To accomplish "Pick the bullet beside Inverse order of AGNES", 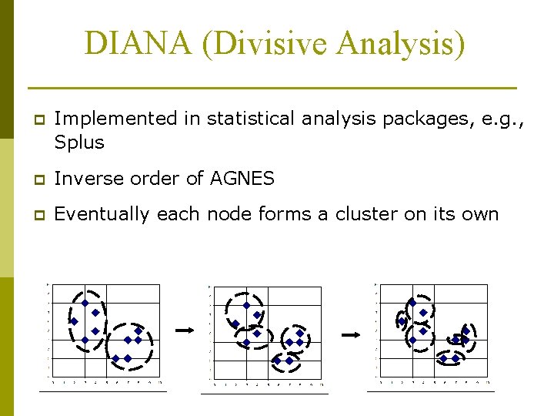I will [32, 179].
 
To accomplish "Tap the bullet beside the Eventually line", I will [32, 215].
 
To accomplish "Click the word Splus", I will [79, 143].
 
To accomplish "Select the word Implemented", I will [115, 119].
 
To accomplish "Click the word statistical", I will [251, 119].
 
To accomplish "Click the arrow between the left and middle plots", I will [185, 330].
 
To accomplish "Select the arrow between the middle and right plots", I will [351, 334].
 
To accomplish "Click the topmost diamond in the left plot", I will [85, 303].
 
